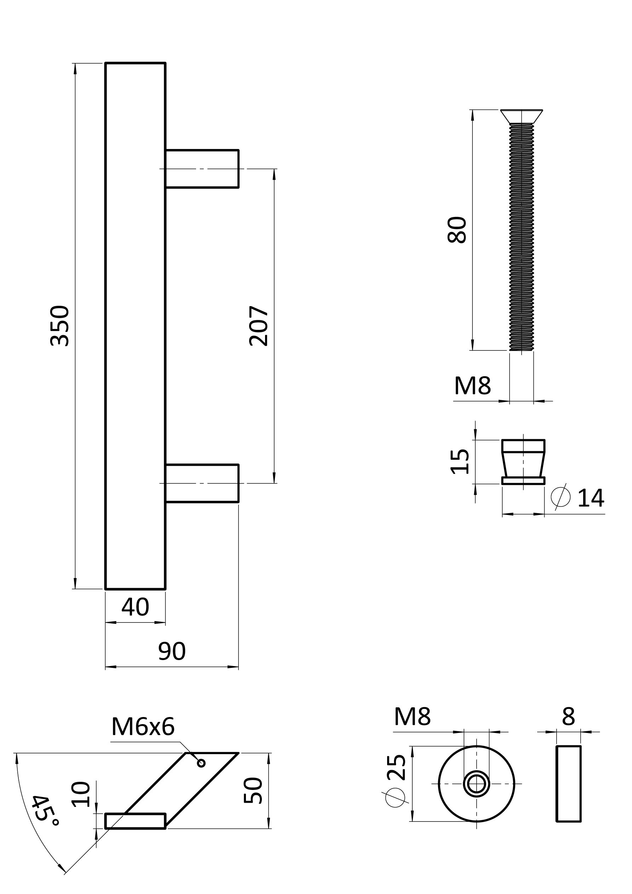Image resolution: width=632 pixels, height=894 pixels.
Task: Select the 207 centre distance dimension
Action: pyautogui.click(x=259, y=326)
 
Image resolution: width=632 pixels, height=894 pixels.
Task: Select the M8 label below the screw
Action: pyautogui.click(x=472, y=386)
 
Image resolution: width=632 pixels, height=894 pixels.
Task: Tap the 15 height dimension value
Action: pyautogui.click(x=460, y=462)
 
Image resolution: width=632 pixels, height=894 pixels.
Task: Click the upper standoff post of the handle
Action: pyautogui.click(x=202, y=168)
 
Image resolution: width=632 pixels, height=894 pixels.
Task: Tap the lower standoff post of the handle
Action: pyautogui.click(x=202, y=483)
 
